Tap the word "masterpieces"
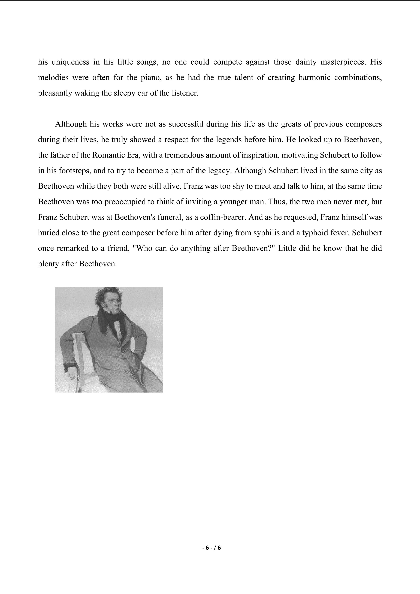[x=343, y=62]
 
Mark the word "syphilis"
[x=269, y=233]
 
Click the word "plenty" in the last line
[x=48, y=264]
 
